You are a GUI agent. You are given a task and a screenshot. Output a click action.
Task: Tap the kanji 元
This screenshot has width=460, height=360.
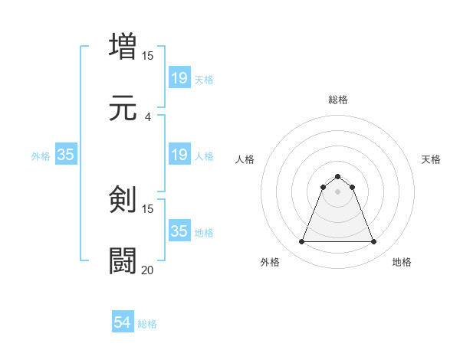(123, 107)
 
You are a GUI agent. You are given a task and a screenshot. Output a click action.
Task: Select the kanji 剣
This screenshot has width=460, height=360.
(123, 199)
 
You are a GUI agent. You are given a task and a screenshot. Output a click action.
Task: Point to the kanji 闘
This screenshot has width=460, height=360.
(123, 260)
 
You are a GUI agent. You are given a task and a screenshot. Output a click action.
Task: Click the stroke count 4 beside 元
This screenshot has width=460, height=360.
(148, 116)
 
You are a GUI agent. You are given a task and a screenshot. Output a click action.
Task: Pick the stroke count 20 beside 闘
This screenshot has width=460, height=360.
(148, 270)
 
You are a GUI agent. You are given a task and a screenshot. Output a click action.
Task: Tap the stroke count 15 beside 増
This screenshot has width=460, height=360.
(148, 55)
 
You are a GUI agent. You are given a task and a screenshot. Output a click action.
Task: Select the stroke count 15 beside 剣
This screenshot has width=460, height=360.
(148, 208)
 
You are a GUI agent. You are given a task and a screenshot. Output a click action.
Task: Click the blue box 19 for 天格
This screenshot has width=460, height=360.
(179, 77)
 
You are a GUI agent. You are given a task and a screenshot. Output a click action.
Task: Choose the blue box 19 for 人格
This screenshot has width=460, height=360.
(179, 155)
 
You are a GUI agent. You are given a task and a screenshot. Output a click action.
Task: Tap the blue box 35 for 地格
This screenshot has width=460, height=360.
(179, 231)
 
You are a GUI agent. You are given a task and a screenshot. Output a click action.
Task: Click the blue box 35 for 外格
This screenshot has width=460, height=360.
(66, 155)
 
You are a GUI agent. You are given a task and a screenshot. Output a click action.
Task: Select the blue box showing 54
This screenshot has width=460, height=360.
(123, 322)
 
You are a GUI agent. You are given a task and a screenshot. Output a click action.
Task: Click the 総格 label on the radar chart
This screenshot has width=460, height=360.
(337, 100)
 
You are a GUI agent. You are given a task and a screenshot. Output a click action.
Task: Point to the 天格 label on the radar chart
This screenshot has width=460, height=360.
(431, 159)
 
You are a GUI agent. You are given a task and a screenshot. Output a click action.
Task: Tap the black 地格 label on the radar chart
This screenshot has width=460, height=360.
(402, 262)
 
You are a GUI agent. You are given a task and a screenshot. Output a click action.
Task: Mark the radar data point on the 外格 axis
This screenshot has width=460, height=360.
(301, 242)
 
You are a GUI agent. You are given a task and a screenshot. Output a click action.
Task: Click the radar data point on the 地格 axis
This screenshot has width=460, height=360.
(374, 242)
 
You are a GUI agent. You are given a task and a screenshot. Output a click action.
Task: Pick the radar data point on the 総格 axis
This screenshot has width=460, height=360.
(337, 177)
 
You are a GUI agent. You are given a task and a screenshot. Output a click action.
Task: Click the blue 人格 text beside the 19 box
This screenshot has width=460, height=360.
(204, 155)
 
